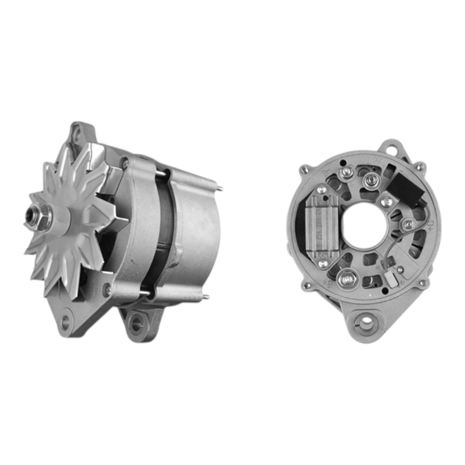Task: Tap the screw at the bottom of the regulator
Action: tap(323, 264)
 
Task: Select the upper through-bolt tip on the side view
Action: tap(220, 189)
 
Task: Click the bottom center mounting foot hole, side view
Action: tap(136, 322)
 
